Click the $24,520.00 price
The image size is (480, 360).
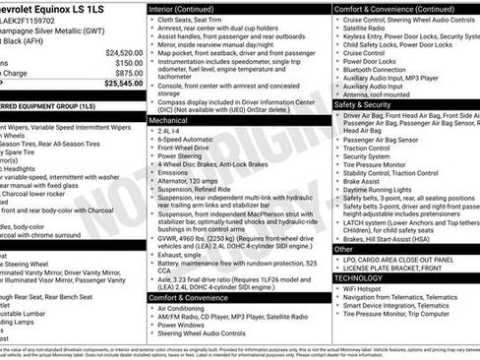point(124,52)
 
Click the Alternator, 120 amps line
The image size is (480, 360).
point(190,181)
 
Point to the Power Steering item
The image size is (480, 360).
point(178,155)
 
